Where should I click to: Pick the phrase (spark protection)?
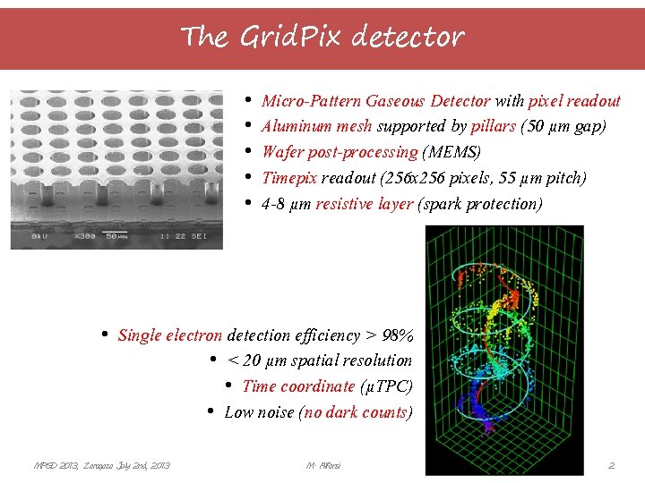click(x=480, y=204)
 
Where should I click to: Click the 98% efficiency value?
click(x=398, y=335)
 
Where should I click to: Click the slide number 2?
click(x=611, y=465)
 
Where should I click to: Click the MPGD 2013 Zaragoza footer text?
click(x=101, y=465)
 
